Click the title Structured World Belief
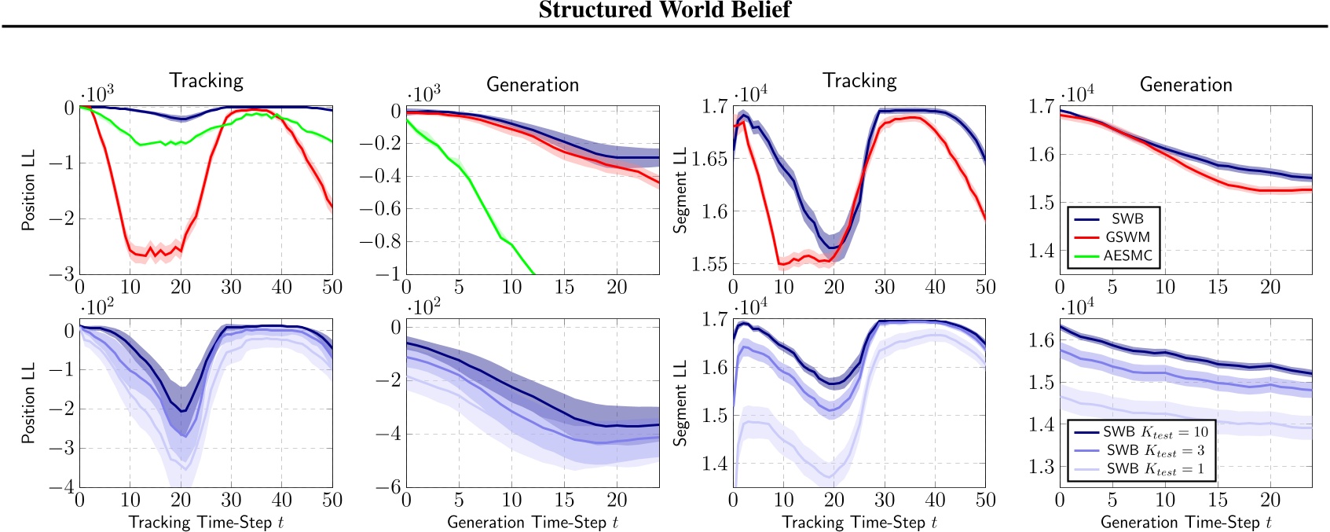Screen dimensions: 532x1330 click(x=665, y=10)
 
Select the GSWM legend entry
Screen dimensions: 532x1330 click(x=1127, y=237)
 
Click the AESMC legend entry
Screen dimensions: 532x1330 click(x=1127, y=255)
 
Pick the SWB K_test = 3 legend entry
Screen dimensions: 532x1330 click(x=1155, y=450)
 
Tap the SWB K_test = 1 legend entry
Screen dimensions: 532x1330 click(x=1155, y=468)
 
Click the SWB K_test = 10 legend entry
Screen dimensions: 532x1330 click(x=1155, y=431)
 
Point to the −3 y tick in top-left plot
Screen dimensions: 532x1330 click(x=62, y=273)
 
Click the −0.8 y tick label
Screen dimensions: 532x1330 click(x=379, y=241)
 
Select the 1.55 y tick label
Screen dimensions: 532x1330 click(x=709, y=264)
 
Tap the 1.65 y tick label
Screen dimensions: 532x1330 click(x=709, y=159)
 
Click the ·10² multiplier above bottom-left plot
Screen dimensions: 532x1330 click(x=98, y=306)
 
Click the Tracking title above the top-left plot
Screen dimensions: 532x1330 click(x=206, y=81)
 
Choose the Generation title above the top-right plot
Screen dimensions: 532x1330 click(x=1185, y=85)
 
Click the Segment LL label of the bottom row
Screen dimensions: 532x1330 click(x=680, y=403)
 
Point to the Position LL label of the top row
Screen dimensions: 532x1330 click(x=28, y=191)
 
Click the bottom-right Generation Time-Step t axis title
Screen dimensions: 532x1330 click(x=1185, y=522)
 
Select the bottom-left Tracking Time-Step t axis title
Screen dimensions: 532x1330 click(x=206, y=522)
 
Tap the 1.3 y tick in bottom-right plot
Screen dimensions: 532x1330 click(x=1041, y=467)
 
